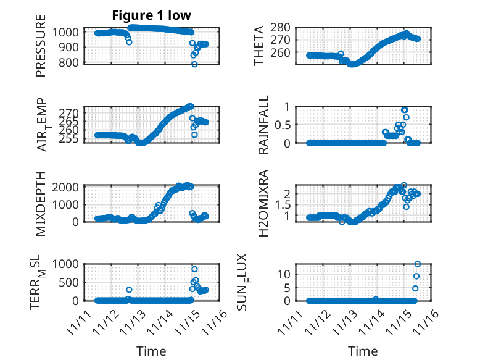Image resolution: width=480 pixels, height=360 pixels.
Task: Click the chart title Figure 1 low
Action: pyautogui.click(x=151, y=15)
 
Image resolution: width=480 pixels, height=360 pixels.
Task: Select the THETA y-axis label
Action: pyautogui.click(x=260, y=44)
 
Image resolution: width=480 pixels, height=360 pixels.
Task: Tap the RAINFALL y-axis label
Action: pyautogui.click(x=263, y=125)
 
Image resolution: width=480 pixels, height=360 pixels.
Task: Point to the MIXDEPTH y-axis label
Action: pyautogui.click(x=41, y=203)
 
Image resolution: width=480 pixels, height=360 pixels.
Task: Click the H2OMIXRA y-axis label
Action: pyautogui.click(x=263, y=203)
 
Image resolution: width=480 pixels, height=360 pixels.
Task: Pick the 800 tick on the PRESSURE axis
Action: pyautogui.click(x=70, y=63)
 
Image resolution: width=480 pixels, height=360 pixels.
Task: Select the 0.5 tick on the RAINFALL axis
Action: pyautogui.click(x=291, y=125)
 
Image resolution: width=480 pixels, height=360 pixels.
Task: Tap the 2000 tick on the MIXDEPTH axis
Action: pyautogui.click(x=67, y=186)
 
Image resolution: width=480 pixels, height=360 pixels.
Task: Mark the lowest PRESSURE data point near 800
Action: pyautogui.click(x=194, y=64)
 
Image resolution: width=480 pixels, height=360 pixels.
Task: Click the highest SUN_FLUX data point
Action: pyautogui.click(x=418, y=264)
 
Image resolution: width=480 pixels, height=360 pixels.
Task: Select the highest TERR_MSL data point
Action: pyautogui.click(x=194, y=269)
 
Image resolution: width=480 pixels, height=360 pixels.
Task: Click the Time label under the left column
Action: pyautogui.click(x=151, y=351)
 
